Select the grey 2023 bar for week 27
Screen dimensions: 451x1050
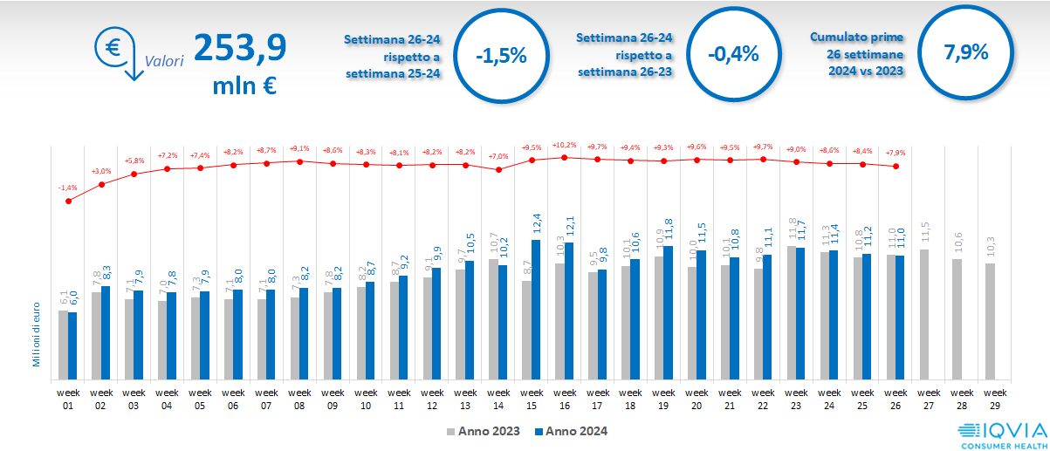point(924,314)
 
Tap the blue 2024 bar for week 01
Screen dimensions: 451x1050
point(72,345)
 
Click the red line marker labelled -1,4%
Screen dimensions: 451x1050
point(68,201)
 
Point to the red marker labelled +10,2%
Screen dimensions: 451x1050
point(565,158)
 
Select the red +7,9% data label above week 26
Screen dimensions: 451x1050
point(896,153)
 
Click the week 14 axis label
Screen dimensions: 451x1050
point(498,399)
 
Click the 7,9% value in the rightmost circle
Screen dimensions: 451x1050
point(966,51)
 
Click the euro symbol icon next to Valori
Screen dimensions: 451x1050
point(113,49)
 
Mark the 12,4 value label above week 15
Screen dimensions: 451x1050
point(536,225)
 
